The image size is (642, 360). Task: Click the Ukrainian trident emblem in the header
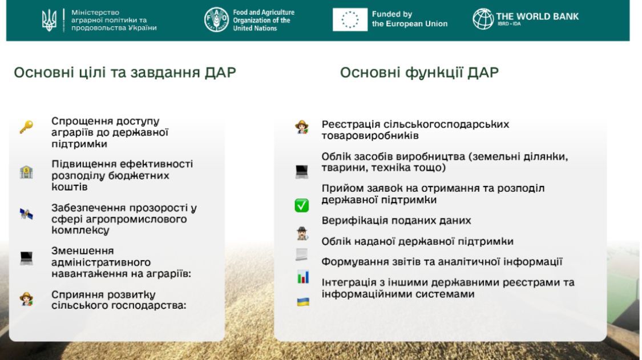pyautogui.click(x=49, y=20)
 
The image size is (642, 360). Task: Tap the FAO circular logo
pyautogui.click(x=216, y=19)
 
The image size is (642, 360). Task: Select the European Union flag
pyautogui.click(x=350, y=19)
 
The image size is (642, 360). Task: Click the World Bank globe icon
pyautogui.click(x=483, y=19)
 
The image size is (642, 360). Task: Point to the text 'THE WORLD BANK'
pyautogui.click(x=537, y=17)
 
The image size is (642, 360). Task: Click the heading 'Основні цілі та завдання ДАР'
pyautogui.click(x=125, y=72)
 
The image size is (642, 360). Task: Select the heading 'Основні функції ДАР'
pyautogui.click(x=419, y=72)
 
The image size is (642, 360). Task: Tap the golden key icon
pyautogui.click(x=26, y=127)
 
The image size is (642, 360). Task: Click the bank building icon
pyautogui.click(x=26, y=172)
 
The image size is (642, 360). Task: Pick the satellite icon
pyautogui.click(x=26, y=213)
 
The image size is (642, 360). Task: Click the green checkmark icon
pyautogui.click(x=302, y=205)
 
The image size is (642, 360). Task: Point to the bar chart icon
pyautogui.click(x=303, y=277)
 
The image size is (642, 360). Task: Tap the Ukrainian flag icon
pyautogui.click(x=303, y=302)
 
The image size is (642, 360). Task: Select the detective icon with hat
pyautogui.click(x=302, y=233)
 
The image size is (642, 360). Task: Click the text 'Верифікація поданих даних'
pyautogui.click(x=397, y=221)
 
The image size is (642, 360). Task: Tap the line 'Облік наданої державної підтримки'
pyautogui.click(x=417, y=242)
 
